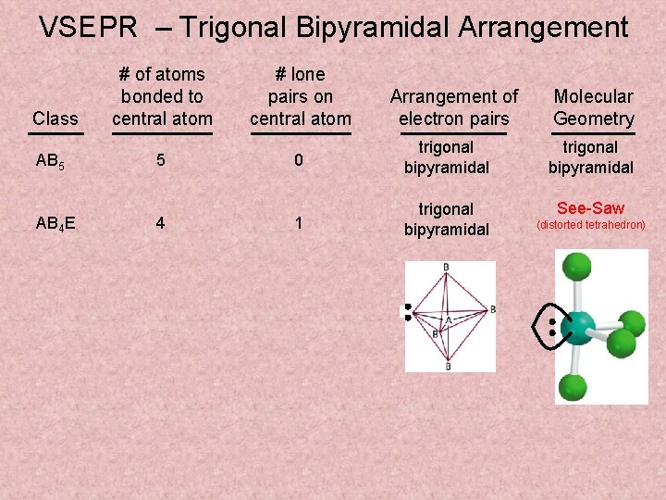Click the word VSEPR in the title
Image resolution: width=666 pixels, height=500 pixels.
(88, 28)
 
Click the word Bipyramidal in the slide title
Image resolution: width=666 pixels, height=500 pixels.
(370, 28)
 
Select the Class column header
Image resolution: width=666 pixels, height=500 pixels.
(55, 119)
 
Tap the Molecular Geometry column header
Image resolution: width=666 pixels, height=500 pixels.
(593, 107)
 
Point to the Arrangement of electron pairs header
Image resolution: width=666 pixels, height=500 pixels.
(453, 107)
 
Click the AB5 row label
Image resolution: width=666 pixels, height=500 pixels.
(48, 159)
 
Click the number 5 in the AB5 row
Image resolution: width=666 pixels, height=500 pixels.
(161, 159)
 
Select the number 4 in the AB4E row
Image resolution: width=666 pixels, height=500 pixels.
(161, 223)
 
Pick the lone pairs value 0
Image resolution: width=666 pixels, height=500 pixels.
(299, 159)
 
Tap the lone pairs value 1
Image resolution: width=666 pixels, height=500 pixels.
(299, 223)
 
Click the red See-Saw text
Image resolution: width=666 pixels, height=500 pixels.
(590, 208)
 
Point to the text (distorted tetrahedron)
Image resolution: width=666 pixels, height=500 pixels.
(591, 225)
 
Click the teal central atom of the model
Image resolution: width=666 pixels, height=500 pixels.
(579, 327)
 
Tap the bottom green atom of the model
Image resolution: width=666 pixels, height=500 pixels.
(574, 387)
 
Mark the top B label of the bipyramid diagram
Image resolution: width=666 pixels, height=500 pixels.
(447, 268)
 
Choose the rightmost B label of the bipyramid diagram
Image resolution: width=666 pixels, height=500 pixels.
(492, 308)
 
